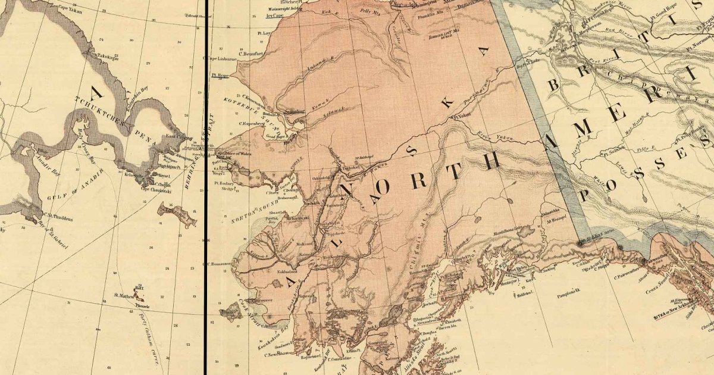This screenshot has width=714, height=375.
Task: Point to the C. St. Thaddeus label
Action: pos(58,218)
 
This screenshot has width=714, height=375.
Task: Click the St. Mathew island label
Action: pos(124,294)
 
